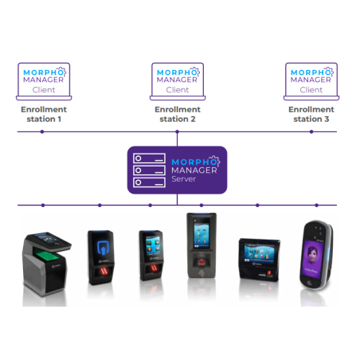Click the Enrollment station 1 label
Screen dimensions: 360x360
tap(44, 114)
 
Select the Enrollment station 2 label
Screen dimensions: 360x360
tap(178, 114)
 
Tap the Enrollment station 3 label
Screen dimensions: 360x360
tap(311, 114)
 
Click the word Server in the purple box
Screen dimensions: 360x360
tap(184, 179)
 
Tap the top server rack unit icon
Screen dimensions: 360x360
tap(149, 158)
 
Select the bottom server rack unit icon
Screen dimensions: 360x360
tap(149, 182)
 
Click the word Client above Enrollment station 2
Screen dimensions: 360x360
tap(178, 90)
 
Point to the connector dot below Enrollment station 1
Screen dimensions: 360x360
tap(42, 131)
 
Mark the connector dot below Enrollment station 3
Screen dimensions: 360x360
tap(311, 131)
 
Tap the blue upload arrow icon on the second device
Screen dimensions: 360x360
tap(102, 248)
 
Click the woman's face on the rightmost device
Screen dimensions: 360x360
tap(311, 255)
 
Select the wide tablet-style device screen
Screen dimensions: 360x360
tap(259, 252)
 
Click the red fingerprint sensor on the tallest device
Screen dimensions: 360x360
tap(202, 262)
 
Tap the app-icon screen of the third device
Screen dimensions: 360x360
tap(153, 245)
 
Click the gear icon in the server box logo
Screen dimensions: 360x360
tap(215, 161)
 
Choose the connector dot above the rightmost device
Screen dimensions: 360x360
tap(316, 205)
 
